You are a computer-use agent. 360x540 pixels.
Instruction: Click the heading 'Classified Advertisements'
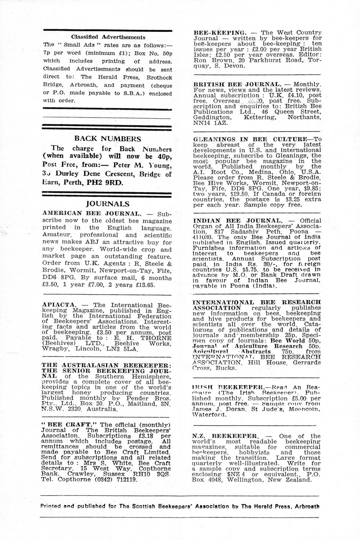(x=108, y=37)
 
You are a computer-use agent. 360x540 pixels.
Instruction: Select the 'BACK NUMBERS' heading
(x=107, y=138)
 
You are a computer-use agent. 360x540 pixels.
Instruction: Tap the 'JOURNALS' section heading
(x=107, y=204)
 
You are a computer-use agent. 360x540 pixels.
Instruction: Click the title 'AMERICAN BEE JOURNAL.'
(x=91, y=213)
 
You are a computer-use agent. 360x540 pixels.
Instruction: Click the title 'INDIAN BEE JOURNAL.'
(x=237, y=221)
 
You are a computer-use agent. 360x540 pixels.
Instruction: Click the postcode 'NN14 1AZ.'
(x=210, y=123)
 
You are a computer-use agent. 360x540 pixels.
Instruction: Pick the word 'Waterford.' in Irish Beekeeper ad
(x=210, y=414)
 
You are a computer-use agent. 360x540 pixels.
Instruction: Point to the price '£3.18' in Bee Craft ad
(x=138, y=436)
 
